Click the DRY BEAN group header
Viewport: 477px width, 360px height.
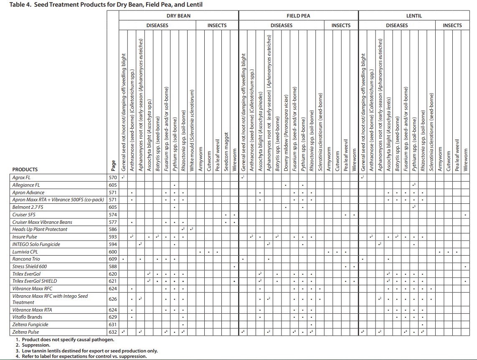coord(178,16)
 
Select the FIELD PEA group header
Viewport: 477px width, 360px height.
coord(298,16)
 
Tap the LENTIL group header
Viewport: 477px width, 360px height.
coord(414,16)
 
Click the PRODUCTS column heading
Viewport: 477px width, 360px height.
coord(25,170)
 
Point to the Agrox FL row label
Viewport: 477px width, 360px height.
coord(22,177)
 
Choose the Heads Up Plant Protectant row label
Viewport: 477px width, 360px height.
coord(40,229)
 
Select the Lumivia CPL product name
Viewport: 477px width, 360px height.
coord(26,252)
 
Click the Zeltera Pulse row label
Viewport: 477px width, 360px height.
coord(26,332)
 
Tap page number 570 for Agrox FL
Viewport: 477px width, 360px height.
coord(113,177)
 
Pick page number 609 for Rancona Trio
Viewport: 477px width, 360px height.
coord(113,259)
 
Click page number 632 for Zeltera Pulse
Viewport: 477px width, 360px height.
coord(113,332)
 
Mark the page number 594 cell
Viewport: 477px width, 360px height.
coord(113,244)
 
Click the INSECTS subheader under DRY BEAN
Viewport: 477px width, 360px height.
coord(217,25)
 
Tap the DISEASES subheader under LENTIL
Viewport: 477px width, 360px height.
coord(397,25)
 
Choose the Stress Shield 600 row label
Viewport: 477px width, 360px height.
coord(30,266)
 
